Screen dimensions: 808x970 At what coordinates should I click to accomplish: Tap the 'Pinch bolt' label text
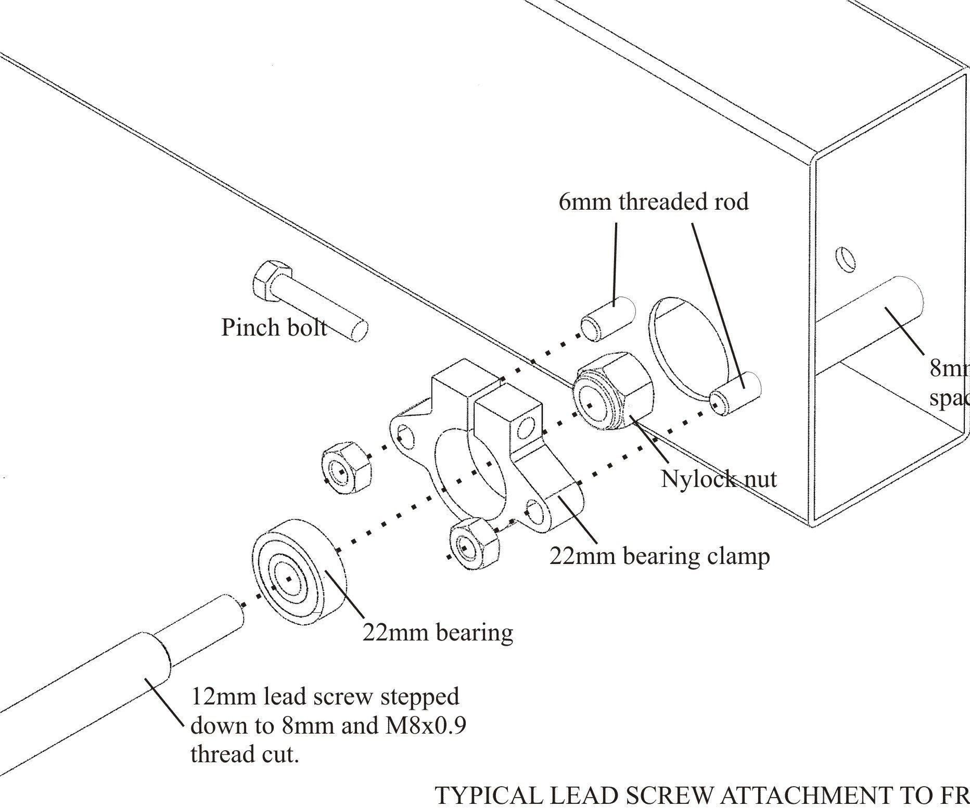(274, 327)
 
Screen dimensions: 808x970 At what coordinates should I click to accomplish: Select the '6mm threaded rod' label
(654, 202)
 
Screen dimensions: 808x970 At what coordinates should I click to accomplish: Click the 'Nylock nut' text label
(719, 479)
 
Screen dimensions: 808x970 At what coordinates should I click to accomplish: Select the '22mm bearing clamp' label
(659, 556)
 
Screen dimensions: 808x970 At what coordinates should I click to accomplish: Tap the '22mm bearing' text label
(438, 632)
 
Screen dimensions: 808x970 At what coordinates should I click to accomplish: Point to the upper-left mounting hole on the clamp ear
(406, 436)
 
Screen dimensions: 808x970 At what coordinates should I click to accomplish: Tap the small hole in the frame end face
(846, 259)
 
